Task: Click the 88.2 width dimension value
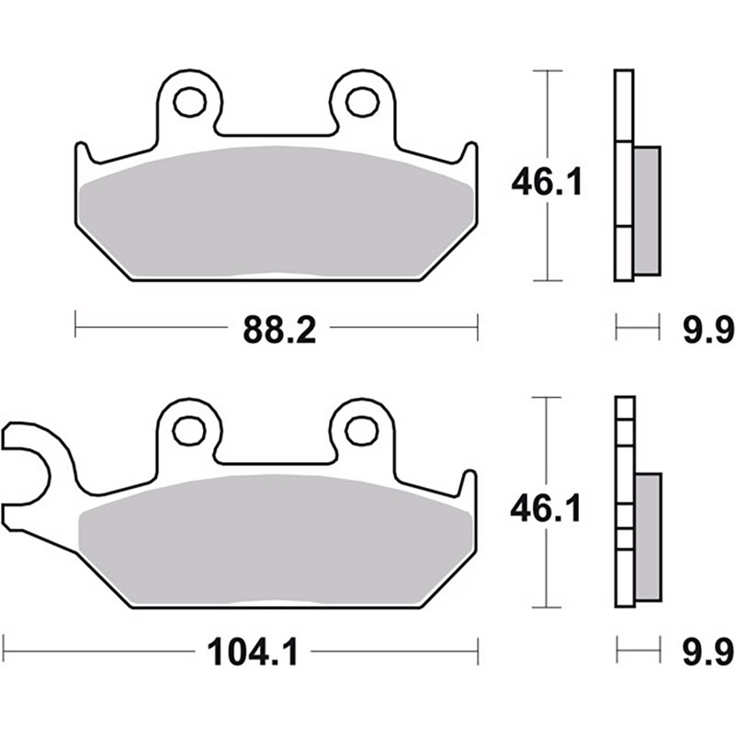[x=279, y=330]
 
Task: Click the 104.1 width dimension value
[x=253, y=651]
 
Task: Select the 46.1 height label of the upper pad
[x=547, y=182]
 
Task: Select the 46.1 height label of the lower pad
[x=546, y=509]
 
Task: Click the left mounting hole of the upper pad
[x=190, y=102]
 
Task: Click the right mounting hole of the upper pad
[x=362, y=102]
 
